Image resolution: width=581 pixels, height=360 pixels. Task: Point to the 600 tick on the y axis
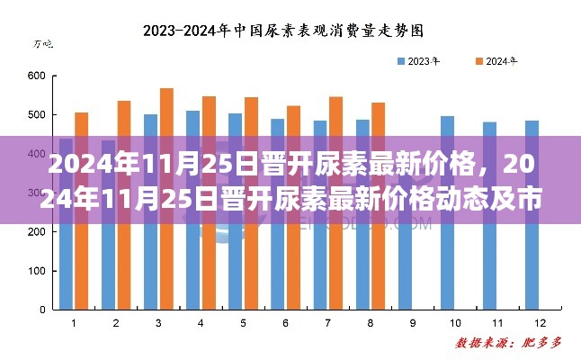(36, 76)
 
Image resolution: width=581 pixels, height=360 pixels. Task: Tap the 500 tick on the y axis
(36, 115)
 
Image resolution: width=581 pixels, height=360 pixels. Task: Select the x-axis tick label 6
(285, 322)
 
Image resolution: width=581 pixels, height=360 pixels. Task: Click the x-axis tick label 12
(539, 322)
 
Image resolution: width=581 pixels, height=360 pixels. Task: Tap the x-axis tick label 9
(412, 322)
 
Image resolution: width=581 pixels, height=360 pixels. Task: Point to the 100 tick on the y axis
(36, 271)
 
